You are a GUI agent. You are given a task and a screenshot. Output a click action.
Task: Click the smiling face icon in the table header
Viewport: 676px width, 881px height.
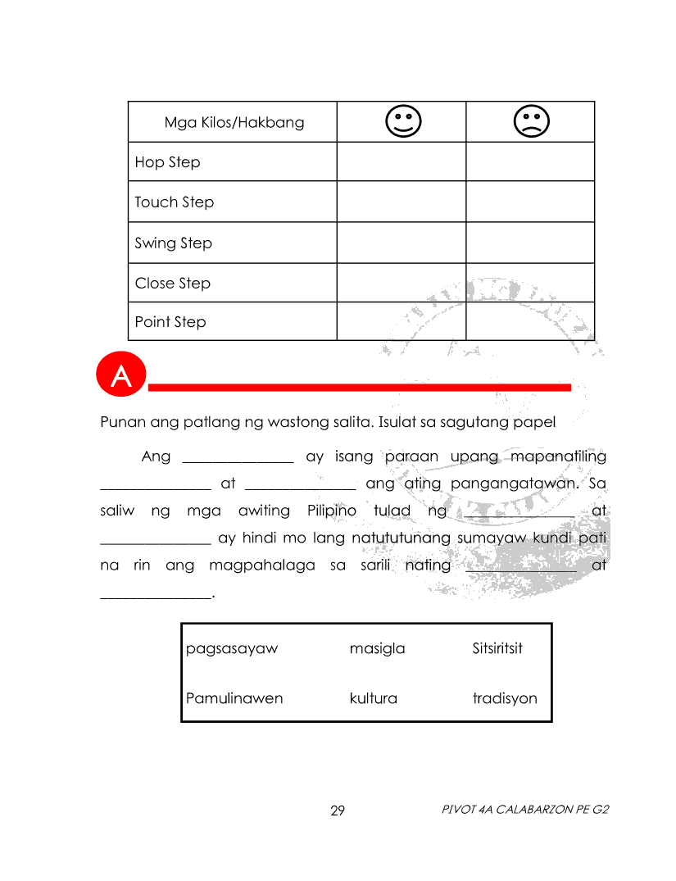click(402, 121)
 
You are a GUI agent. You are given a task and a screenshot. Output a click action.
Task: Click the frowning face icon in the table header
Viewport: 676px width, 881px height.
click(531, 121)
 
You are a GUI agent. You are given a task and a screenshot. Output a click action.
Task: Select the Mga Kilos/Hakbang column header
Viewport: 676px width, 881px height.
click(234, 123)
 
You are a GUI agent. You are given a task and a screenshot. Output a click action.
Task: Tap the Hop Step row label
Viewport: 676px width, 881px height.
click(167, 162)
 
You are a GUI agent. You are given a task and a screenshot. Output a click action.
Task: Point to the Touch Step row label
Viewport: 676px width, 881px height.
click(174, 202)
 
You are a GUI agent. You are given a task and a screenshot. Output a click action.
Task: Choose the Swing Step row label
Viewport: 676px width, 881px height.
click(173, 243)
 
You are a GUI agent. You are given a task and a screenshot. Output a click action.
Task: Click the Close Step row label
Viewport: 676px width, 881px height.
click(172, 284)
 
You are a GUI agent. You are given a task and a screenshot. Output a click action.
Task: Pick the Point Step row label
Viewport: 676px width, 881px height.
click(170, 322)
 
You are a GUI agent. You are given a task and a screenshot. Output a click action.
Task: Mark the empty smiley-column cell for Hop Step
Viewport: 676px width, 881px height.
click(402, 161)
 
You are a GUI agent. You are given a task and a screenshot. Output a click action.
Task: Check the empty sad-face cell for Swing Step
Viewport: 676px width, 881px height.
click(530, 243)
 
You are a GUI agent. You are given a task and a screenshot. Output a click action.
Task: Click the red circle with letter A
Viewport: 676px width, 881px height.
click(120, 376)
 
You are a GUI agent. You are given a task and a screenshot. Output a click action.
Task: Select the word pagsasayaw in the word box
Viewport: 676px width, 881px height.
click(232, 649)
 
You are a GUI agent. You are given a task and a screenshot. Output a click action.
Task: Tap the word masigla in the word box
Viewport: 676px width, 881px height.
click(377, 649)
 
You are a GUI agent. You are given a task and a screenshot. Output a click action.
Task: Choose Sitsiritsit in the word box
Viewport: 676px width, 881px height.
click(497, 649)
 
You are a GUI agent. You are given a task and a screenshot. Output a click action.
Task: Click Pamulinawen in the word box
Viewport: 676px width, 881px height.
click(234, 698)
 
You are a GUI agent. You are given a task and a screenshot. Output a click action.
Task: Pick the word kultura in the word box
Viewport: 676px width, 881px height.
click(373, 698)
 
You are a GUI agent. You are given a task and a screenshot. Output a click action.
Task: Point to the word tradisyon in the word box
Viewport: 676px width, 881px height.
click(505, 698)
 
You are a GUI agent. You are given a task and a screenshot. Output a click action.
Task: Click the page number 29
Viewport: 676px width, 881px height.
click(338, 811)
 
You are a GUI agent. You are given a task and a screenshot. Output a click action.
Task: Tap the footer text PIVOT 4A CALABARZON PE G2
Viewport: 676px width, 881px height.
click(525, 810)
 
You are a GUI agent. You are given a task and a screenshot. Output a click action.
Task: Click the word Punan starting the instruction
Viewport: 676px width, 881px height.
click(121, 423)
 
